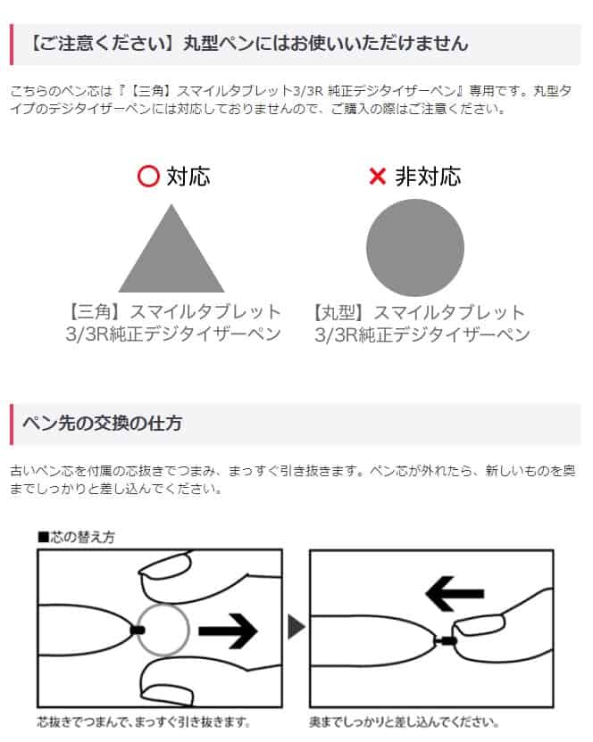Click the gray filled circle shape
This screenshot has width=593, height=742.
415,248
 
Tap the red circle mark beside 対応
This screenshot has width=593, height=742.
148,177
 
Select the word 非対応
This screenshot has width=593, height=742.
428,177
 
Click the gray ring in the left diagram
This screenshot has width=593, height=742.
163,630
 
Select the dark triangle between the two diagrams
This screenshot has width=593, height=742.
296,630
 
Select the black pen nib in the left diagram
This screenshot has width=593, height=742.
137,630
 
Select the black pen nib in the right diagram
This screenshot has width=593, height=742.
447,639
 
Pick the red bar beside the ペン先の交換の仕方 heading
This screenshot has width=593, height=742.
12,424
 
